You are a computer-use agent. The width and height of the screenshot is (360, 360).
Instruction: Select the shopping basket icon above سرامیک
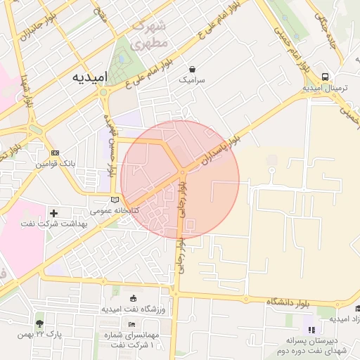point(193,69)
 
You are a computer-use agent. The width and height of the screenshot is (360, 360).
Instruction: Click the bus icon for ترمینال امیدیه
point(324,77)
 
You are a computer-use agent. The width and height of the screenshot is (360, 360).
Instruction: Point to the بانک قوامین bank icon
point(56,153)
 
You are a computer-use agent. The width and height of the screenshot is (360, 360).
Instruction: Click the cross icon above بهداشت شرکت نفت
point(54,212)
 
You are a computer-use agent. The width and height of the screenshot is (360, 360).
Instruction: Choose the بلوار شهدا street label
point(27,88)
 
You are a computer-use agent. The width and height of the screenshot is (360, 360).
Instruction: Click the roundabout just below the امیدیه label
point(104,92)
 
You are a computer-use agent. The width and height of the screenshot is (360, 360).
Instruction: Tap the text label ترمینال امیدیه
point(323,89)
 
